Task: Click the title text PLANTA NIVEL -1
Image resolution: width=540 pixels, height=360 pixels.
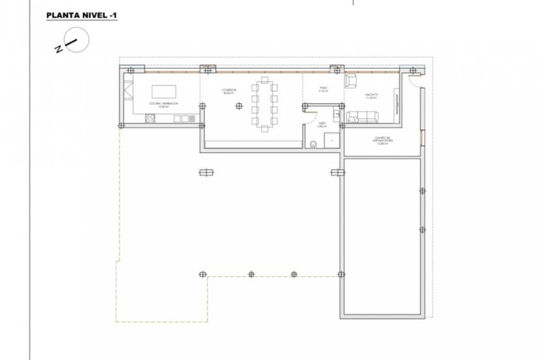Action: [x=82, y=16]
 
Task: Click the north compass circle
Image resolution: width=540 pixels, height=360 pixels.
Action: [x=77, y=40]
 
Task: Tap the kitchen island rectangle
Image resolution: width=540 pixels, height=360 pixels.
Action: [x=164, y=91]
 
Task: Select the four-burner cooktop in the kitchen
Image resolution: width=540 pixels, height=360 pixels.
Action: [x=150, y=118]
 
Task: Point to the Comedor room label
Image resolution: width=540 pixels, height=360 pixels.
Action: [x=229, y=91]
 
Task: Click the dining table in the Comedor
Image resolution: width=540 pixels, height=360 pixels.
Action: [x=264, y=104]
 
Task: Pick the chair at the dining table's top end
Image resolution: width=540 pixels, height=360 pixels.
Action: [x=265, y=80]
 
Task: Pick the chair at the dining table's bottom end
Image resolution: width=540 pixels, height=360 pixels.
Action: [x=265, y=129]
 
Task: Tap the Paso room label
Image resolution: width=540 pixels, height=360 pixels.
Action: [x=323, y=89]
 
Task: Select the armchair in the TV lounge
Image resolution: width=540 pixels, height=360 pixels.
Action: [x=351, y=81]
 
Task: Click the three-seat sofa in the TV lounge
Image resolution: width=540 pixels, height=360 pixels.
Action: [x=362, y=117]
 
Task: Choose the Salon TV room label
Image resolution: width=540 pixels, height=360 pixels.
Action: [x=371, y=96]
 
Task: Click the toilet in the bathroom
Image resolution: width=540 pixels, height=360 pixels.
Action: [x=314, y=144]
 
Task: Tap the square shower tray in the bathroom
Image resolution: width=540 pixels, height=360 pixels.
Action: [x=331, y=140]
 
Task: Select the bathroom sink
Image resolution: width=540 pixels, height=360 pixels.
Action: [x=336, y=114]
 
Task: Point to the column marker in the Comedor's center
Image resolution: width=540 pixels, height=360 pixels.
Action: [x=239, y=106]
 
